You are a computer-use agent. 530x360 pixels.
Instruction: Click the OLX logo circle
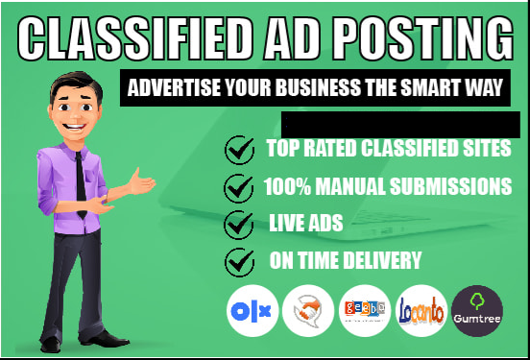coord(252,310)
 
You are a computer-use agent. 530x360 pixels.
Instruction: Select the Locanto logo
coord(423,310)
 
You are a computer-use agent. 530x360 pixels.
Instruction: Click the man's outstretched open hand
coord(141,182)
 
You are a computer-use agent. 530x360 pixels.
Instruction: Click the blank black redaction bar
coord(400,123)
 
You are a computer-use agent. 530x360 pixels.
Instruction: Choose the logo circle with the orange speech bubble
coord(308,310)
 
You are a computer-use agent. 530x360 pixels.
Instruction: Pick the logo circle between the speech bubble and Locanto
coord(366,310)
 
